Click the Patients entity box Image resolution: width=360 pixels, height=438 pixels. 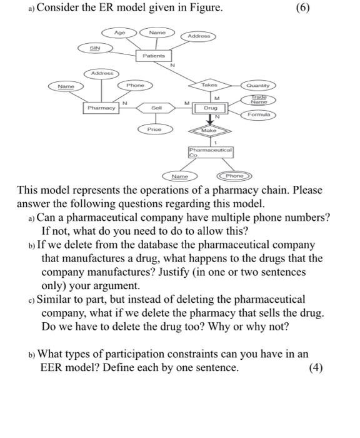(x=153, y=56)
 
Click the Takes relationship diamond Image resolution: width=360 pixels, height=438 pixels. (x=209, y=84)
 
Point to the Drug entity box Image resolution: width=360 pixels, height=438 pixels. (x=210, y=108)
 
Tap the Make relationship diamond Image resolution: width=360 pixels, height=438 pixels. (x=209, y=130)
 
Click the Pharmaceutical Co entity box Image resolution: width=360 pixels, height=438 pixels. (x=210, y=152)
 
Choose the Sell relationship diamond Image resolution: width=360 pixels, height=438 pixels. (x=156, y=108)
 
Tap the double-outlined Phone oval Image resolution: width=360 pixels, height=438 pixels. (x=235, y=176)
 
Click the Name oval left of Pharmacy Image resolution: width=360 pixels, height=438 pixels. (x=65, y=86)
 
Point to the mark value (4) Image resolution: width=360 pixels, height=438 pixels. (x=316, y=368)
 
